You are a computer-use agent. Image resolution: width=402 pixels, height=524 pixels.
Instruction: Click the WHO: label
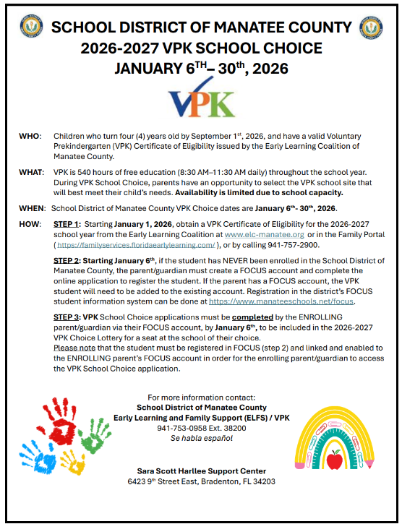[x=30, y=137]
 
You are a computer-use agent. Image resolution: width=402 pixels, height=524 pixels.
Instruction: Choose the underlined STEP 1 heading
[x=67, y=225]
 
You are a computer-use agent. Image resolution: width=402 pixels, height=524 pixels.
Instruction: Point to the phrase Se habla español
[x=202, y=438]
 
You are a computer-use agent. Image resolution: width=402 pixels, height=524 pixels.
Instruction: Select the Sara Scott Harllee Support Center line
[x=202, y=471]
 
